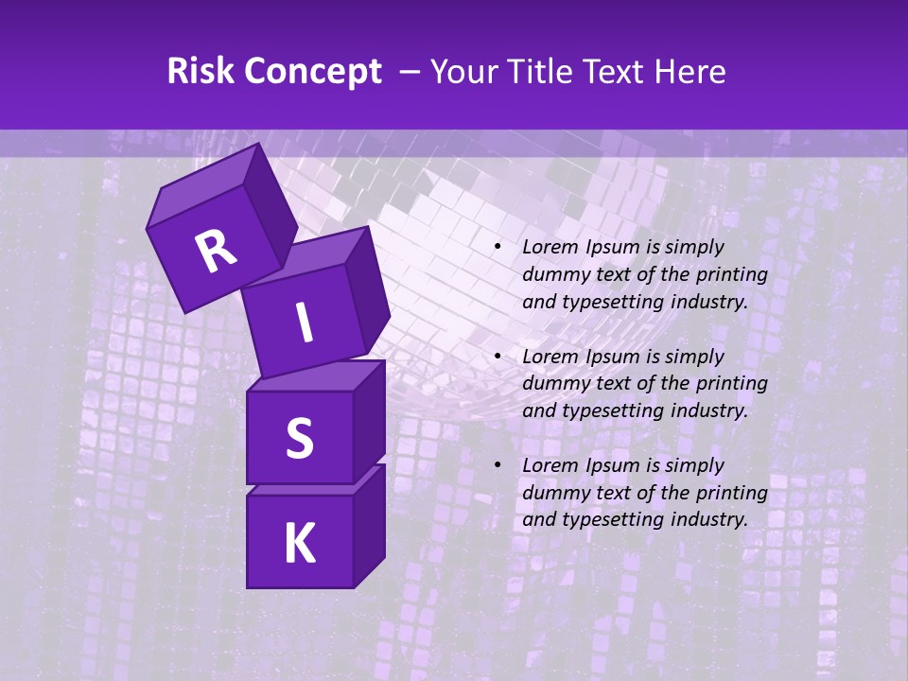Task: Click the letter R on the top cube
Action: [x=216, y=251]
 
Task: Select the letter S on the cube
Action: [x=299, y=438]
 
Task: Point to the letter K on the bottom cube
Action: [x=299, y=544]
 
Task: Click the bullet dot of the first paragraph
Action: [x=498, y=248]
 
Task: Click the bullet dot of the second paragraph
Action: [x=498, y=357]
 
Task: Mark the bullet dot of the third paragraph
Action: [x=498, y=465]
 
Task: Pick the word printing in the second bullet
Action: [x=734, y=383]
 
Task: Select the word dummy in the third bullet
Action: [x=552, y=493]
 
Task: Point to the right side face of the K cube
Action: [x=369, y=525]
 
